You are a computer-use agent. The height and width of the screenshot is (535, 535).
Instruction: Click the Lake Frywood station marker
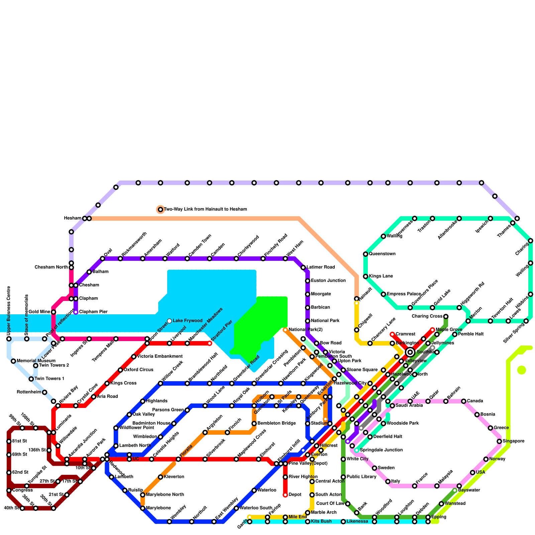pos(170,321)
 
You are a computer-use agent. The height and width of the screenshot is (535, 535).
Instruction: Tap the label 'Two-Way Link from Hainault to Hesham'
pos(205,209)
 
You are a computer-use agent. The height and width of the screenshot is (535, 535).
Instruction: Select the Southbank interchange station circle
pos(410,352)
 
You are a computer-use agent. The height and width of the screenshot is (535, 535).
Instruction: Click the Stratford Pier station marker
pos(210,343)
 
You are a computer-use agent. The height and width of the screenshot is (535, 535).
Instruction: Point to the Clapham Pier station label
pos(93,312)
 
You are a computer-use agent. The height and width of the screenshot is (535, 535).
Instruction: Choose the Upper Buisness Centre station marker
pos(9,339)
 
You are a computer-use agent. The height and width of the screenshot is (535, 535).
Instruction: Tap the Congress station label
pos(22,490)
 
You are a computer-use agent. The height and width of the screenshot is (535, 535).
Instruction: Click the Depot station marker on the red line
pos(285,495)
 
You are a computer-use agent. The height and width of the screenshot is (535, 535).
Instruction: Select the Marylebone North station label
pos(165,495)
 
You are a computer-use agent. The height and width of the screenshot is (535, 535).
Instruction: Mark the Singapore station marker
pos(499,441)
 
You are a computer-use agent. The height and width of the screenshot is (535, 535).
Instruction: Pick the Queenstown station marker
pos(365,254)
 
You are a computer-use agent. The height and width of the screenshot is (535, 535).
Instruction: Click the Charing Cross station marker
pos(446,316)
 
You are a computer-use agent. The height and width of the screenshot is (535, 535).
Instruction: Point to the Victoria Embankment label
pos(160,356)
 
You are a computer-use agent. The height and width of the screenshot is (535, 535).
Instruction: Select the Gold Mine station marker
pos(53,312)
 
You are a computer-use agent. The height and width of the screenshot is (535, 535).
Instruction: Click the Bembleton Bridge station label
pos(277,423)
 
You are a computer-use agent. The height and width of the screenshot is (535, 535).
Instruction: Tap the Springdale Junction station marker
pos(357,450)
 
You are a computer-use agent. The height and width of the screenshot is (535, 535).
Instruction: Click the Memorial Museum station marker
pos(13,361)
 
